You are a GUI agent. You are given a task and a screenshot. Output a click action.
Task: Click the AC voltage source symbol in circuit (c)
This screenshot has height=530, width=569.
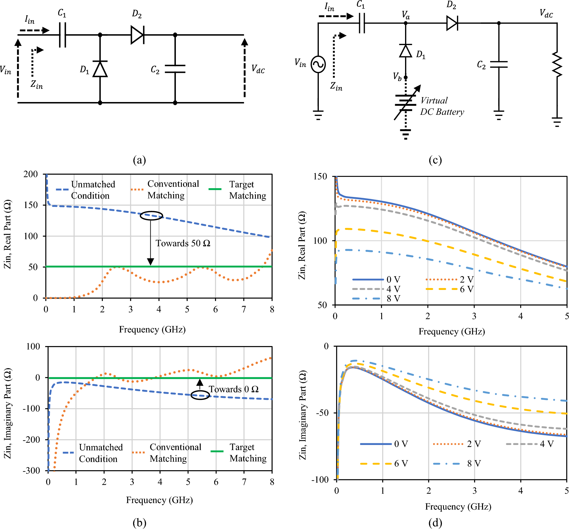(318, 64)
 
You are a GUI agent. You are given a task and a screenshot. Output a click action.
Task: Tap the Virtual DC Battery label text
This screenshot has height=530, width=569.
(442, 106)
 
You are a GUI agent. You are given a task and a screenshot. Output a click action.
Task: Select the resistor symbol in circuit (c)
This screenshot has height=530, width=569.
(557, 64)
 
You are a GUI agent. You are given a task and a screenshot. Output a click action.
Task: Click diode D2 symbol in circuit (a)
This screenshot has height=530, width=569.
(137, 35)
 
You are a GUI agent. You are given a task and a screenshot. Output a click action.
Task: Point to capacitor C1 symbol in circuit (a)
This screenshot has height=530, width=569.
(62, 35)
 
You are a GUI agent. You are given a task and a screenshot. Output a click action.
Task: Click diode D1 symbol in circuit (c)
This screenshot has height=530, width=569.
(406, 51)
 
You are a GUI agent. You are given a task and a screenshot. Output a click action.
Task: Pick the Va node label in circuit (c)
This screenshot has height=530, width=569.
(406, 15)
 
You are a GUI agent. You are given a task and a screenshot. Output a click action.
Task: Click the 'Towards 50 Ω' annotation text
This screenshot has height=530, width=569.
(183, 243)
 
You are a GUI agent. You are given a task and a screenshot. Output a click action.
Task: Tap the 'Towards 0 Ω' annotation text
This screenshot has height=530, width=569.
(233, 389)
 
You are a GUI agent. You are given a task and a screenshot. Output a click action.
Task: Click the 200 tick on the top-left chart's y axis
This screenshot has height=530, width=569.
(31, 174)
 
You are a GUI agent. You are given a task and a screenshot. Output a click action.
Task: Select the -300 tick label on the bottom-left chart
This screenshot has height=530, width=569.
(31, 470)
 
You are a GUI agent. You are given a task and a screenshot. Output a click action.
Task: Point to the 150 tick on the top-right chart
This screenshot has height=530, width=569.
(320, 177)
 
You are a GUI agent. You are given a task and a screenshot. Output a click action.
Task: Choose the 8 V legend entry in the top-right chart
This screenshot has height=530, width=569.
(393, 299)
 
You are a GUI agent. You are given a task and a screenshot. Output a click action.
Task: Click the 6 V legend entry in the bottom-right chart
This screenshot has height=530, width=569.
(401, 463)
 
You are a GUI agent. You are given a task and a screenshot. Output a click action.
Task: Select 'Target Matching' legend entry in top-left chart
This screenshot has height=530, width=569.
(247, 190)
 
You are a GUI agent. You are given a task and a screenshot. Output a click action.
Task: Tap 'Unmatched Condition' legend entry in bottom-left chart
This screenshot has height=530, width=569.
(100, 453)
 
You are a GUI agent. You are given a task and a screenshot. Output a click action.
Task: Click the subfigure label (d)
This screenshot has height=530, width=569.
(435, 523)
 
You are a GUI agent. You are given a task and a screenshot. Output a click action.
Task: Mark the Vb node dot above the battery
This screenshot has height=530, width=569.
(406, 77)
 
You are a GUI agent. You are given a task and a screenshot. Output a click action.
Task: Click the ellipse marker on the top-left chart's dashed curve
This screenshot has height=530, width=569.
(151, 215)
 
